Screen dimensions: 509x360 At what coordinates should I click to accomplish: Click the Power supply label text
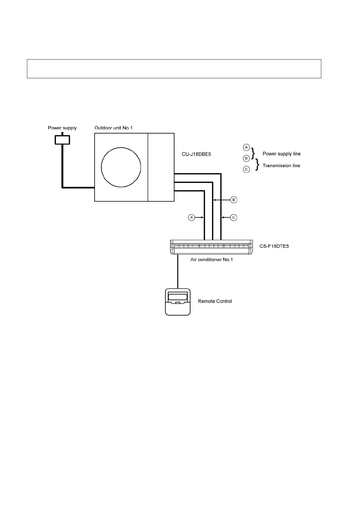tap(62, 128)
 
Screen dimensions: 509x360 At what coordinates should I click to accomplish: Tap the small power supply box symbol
tap(62, 140)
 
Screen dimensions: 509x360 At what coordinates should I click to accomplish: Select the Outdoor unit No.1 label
tap(113, 128)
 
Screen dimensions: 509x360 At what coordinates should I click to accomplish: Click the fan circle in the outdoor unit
tap(121, 167)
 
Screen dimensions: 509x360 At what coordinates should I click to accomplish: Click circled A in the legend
tap(246, 148)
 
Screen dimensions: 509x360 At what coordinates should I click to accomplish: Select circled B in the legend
tap(246, 158)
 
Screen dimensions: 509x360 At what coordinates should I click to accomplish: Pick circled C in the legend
tap(246, 169)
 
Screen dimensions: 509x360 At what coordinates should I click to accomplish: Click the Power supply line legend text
tap(281, 154)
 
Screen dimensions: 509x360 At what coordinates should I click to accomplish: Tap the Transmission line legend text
tap(281, 166)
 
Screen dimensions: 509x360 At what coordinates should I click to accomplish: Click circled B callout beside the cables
tap(233, 200)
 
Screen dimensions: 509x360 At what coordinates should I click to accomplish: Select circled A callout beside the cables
tap(191, 217)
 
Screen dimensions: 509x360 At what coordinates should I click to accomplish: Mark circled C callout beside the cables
tap(233, 217)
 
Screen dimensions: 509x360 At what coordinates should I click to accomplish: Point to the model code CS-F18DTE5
tap(274, 246)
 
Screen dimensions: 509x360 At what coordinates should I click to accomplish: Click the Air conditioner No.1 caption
tap(211, 260)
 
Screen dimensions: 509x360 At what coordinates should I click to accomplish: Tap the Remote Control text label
tap(215, 301)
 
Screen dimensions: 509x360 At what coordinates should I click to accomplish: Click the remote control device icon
tap(178, 302)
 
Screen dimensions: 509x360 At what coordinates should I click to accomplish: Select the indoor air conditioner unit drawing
tap(211, 247)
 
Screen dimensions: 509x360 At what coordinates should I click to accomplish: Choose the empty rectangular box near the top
tap(174, 69)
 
